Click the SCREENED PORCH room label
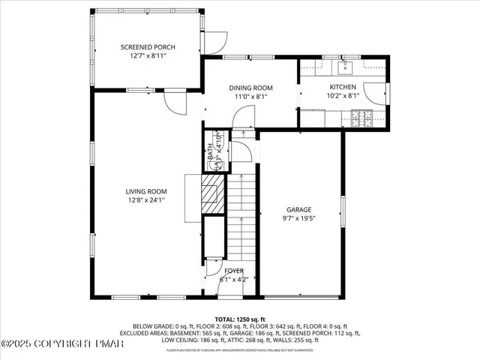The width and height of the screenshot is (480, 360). point(148,47)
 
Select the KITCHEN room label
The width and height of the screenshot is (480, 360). point(343,88)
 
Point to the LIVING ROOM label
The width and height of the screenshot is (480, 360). point(145,191)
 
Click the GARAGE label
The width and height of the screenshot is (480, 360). point(298,210)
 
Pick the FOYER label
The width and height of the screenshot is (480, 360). point(234,271)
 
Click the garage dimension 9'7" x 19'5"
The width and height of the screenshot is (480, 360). point(298,219)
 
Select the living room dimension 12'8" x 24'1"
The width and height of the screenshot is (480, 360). point(145,200)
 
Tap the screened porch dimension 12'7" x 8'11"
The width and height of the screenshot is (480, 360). point(148,55)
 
